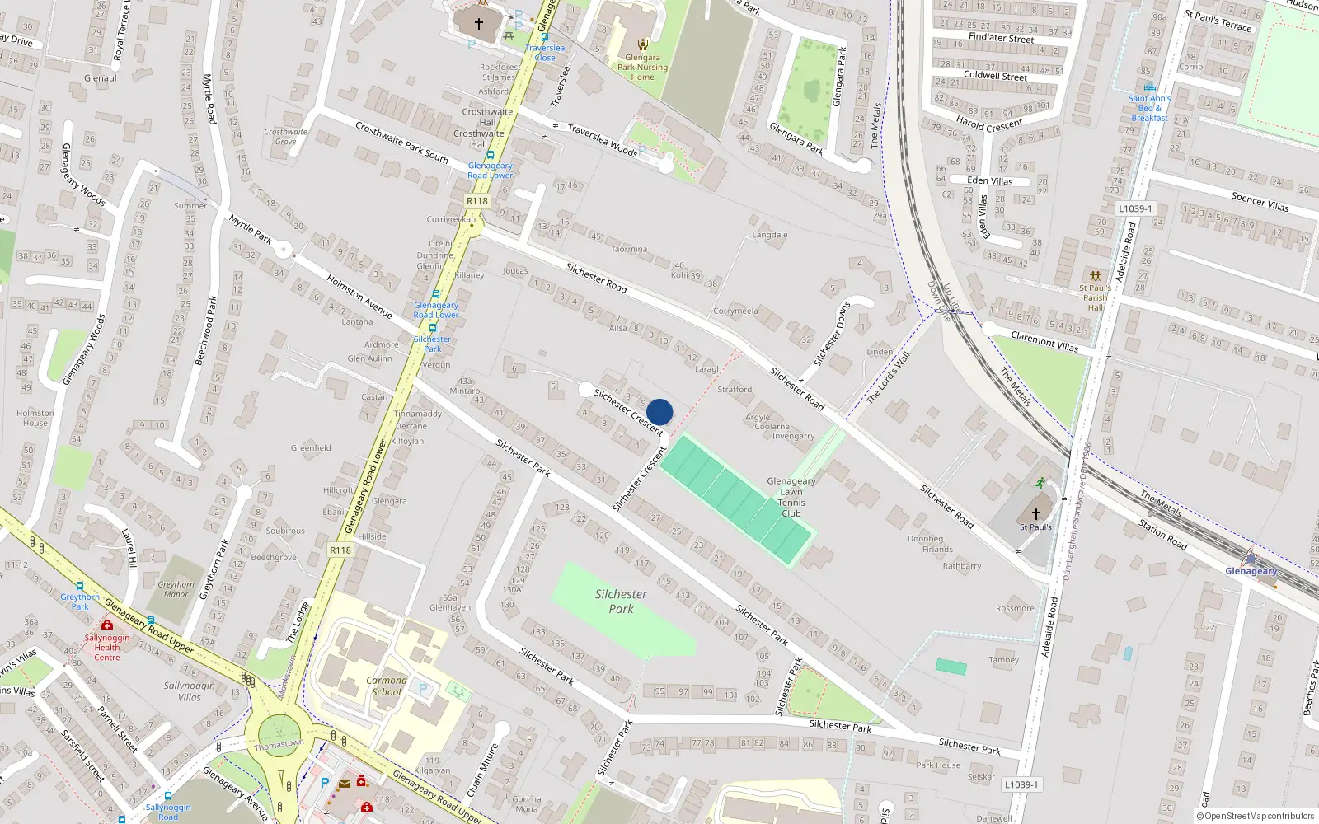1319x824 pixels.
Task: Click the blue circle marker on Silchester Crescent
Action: (659, 412)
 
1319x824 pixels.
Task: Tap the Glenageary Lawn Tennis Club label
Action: (791, 497)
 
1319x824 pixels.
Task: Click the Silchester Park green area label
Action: (621, 601)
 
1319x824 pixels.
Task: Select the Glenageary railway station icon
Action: (1251, 557)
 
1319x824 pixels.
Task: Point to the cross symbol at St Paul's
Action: (1035, 513)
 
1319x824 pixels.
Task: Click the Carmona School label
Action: (386, 686)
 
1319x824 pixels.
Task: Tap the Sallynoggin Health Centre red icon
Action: (107, 625)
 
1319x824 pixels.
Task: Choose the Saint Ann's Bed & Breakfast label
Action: (1149, 108)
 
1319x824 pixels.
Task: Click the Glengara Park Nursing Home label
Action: (642, 68)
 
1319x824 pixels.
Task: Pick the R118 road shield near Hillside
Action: (340, 550)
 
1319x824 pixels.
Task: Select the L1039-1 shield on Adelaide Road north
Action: (1135, 208)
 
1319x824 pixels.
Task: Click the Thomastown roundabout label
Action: (279, 744)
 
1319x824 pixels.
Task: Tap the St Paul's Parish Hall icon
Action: (1095, 276)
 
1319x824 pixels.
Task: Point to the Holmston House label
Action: (35, 418)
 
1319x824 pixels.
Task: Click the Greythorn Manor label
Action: (176, 588)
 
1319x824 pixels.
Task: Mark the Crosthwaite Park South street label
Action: (401, 142)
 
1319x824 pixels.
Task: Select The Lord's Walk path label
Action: (889, 377)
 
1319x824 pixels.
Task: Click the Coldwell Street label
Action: (995, 76)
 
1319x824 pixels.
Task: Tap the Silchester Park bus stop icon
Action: (432, 327)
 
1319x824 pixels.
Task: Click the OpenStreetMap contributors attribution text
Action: (1256, 816)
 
